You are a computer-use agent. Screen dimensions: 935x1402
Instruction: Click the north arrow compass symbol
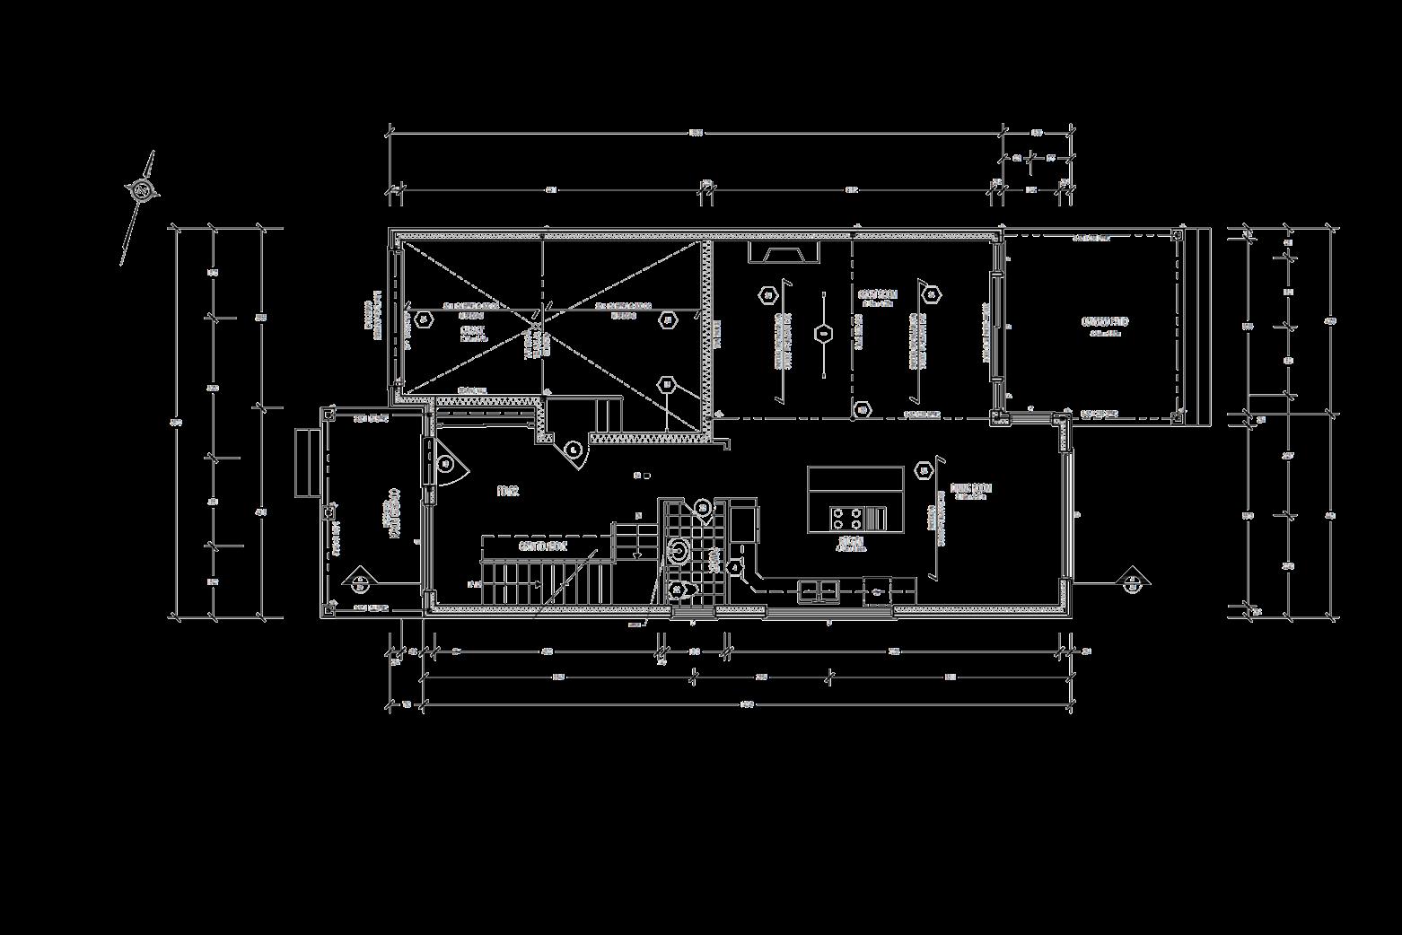tap(141, 190)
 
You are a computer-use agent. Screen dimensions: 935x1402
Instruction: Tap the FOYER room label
tap(508, 491)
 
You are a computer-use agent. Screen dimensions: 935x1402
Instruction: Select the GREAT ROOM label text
tap(877, 295)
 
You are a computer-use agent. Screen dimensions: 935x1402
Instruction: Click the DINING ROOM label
tap(971, 490)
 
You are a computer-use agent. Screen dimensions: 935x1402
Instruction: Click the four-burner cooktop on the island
tap(846, 518)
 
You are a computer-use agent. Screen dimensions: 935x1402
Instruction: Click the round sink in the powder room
tap(679, 550)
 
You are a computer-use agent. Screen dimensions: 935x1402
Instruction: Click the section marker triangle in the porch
tap(359, 581)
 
